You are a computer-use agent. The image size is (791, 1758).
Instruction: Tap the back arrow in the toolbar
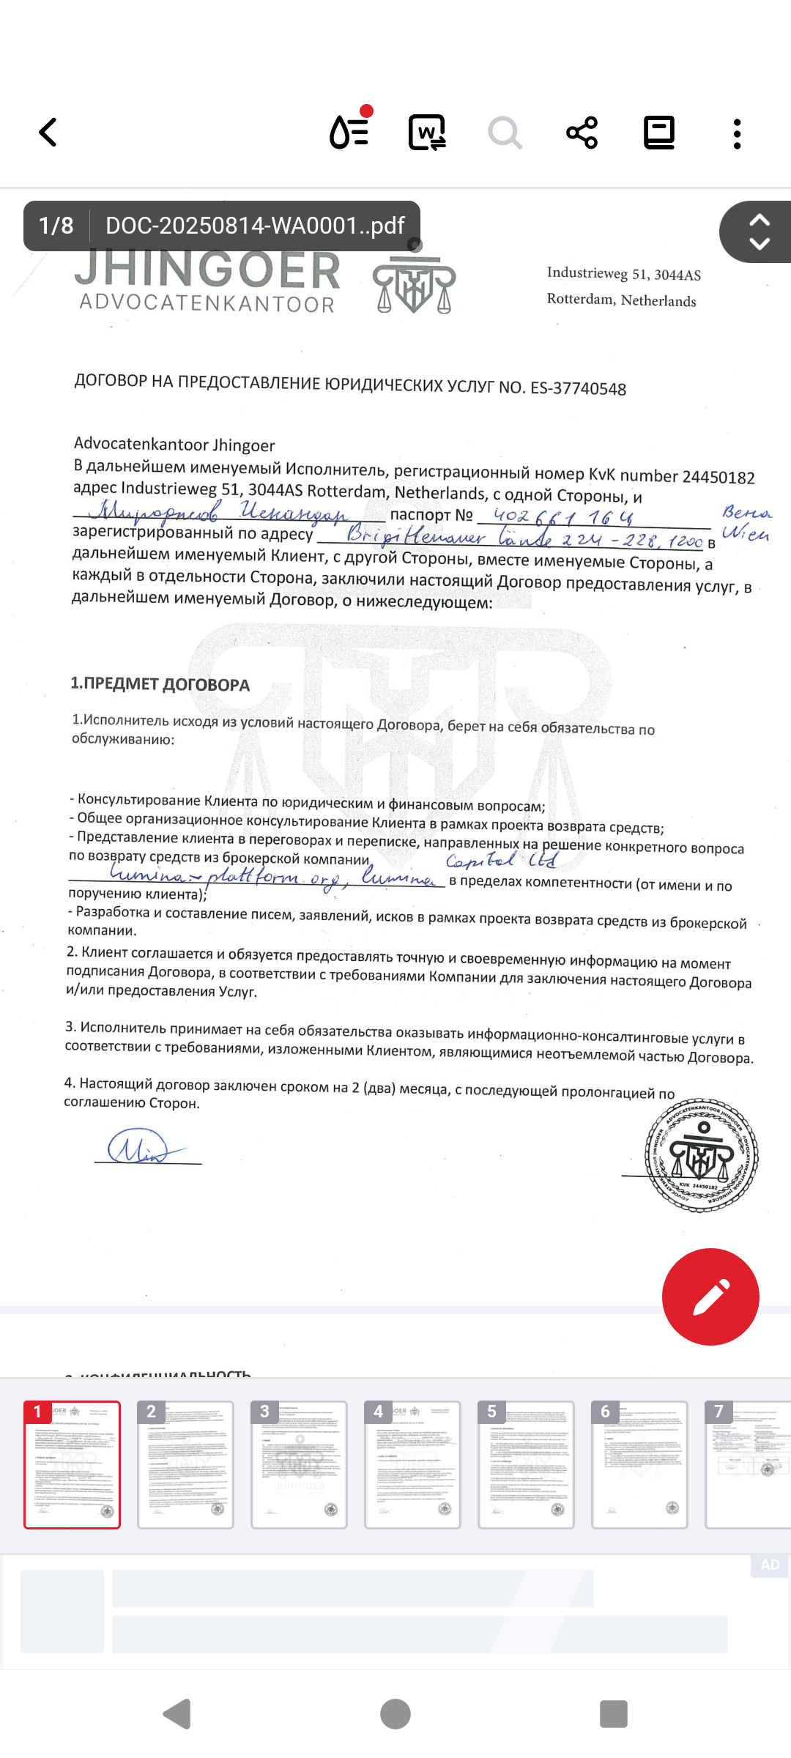tap(48, 133)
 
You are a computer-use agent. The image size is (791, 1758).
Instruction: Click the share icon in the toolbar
tap(582, 133)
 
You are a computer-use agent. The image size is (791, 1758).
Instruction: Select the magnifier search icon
tap(505, 133)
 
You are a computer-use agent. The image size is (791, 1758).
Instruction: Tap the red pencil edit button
tap(710, 1297)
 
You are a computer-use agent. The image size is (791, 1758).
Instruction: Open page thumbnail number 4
tap(412, 1465)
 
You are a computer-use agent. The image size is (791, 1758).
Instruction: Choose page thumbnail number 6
tap(639, 1465)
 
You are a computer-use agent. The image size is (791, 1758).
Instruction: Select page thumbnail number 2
tap(185, 1465)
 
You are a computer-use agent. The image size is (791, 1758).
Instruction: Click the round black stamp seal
tap(702, 1156)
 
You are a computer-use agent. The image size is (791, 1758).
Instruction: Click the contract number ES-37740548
tap(578, 388)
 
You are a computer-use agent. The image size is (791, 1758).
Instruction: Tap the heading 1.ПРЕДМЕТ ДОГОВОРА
tap(160, 684)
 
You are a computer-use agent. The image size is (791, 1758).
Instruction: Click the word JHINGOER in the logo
tap(208, 270)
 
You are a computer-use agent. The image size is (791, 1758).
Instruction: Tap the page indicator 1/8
tap(56, 226)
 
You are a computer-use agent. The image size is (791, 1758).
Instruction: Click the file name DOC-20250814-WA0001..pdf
tap(255, 226)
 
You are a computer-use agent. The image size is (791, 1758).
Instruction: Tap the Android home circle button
tap(395, 1714)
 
